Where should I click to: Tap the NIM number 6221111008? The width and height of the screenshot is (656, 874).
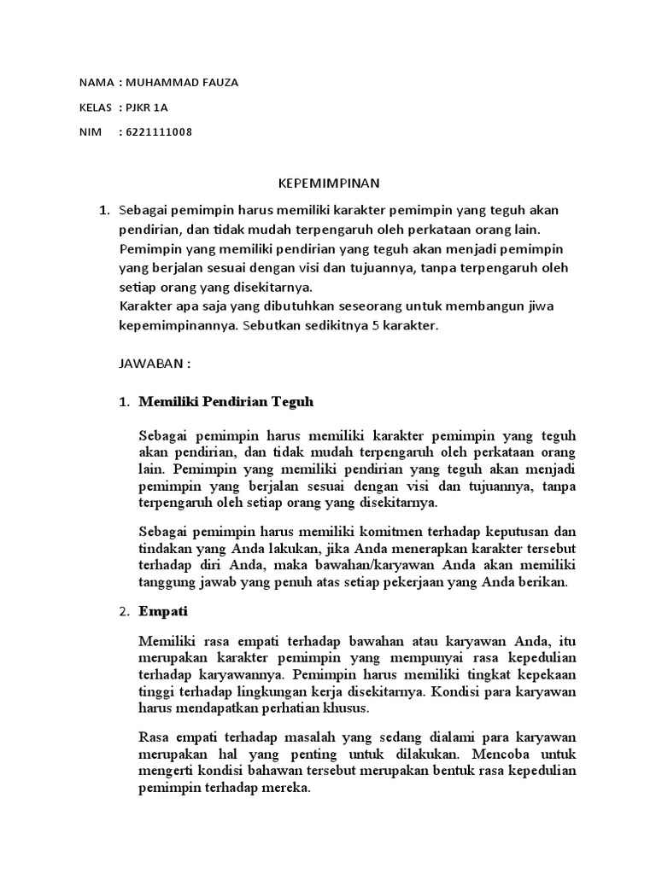[158, 132]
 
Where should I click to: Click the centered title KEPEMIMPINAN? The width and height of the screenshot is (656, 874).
[329, 183]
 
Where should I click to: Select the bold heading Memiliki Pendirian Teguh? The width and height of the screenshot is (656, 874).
[226, 401]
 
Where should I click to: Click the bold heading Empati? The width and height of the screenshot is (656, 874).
[162, 612]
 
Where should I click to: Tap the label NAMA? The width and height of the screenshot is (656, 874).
[95, 83]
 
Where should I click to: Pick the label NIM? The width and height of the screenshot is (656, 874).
[89, 132]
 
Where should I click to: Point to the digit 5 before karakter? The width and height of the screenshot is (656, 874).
[374, 325]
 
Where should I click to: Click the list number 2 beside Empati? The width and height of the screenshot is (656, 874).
[125, 612]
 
